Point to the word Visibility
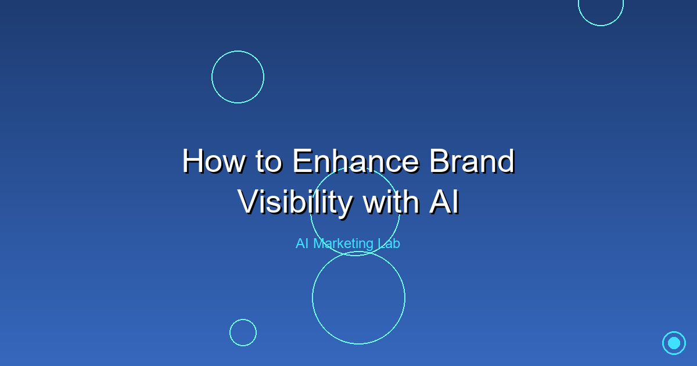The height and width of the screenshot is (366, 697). coord(294,202)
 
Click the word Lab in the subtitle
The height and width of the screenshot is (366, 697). coord(388,243)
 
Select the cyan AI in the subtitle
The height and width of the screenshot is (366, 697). coord(302,243)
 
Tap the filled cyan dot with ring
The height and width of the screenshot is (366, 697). coord(674,343)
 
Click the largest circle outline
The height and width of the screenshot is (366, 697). coord(358,297)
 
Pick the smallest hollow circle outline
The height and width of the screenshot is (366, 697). coord(243,332)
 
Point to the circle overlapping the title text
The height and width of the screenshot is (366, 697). coord(355,211)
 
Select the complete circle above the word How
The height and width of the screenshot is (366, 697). coord(238,77)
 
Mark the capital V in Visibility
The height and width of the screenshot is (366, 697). coord(249,202)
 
